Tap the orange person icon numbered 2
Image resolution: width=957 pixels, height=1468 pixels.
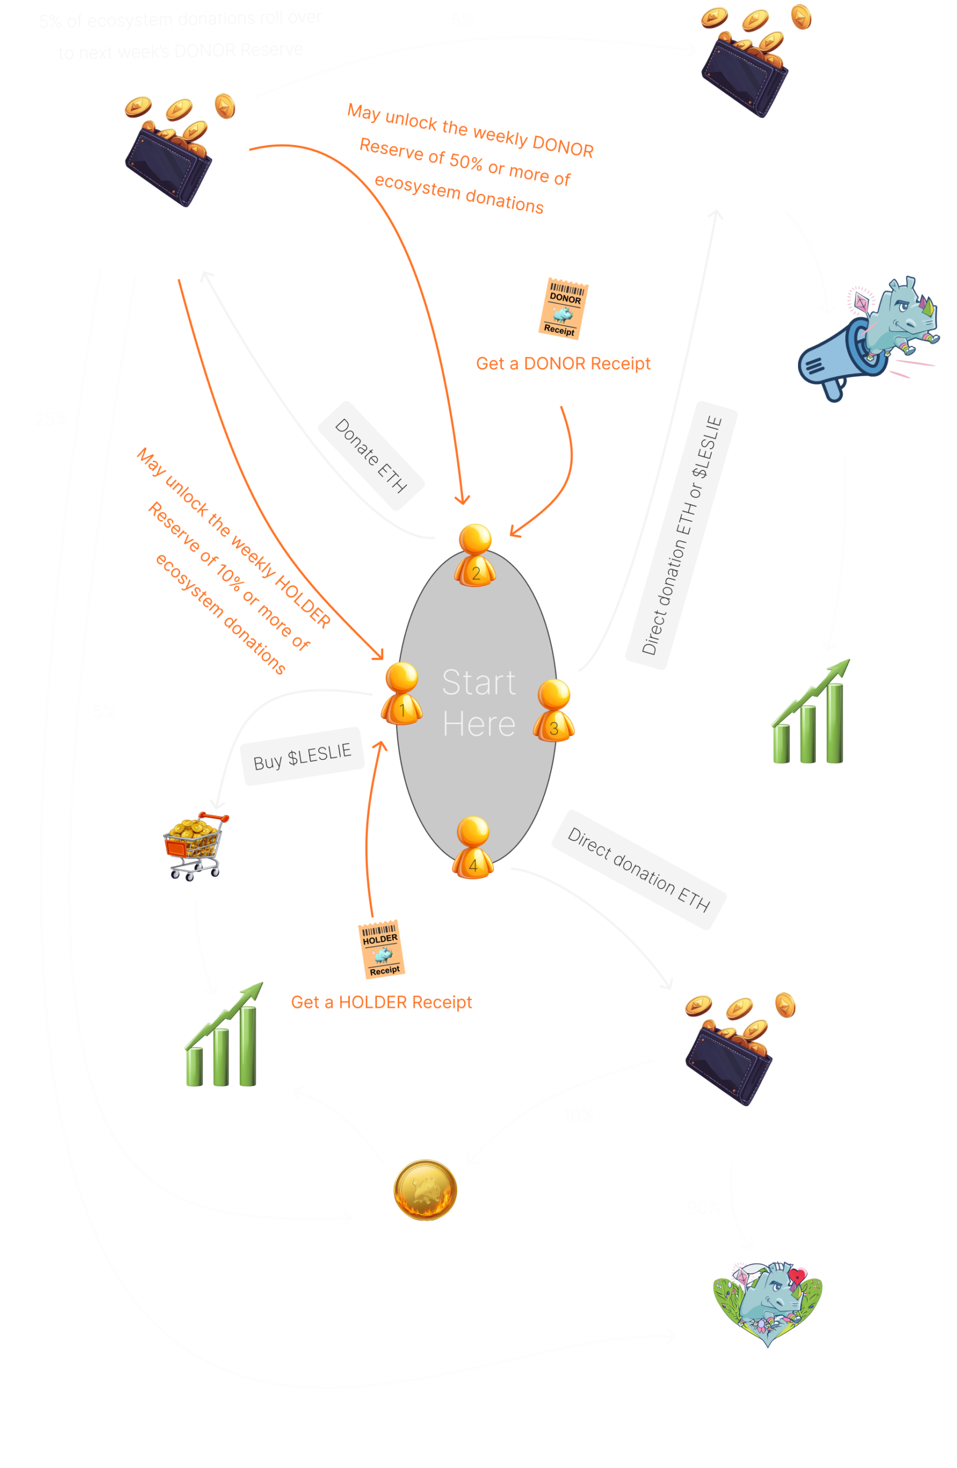(475, 555)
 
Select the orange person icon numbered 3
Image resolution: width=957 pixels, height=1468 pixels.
(554, 710)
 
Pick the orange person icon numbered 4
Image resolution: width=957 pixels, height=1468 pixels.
(473, 847)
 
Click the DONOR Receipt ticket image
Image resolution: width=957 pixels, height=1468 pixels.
(563, 309)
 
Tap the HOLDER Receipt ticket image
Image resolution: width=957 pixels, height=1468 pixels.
(382, 949)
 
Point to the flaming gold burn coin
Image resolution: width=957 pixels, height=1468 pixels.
(425, 1190)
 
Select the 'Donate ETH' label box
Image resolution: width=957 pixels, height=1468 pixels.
(371, 456)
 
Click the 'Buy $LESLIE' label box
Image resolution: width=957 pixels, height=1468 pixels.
(302, 756)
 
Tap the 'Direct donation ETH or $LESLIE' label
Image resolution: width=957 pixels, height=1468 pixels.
(682, 536)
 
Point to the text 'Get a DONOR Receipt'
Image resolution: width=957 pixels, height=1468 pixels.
(563, 364)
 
